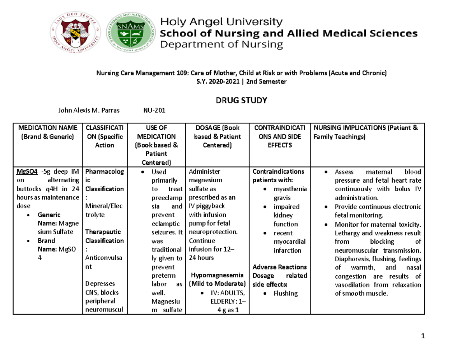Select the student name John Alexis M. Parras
coord(89,111)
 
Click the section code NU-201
coord(154,111)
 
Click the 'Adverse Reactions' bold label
coord(279,267)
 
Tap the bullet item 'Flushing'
coord(285,293)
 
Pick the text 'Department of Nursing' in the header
coord(222,45)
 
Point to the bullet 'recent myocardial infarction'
coord(290,241)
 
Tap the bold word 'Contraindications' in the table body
coord(278,172)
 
